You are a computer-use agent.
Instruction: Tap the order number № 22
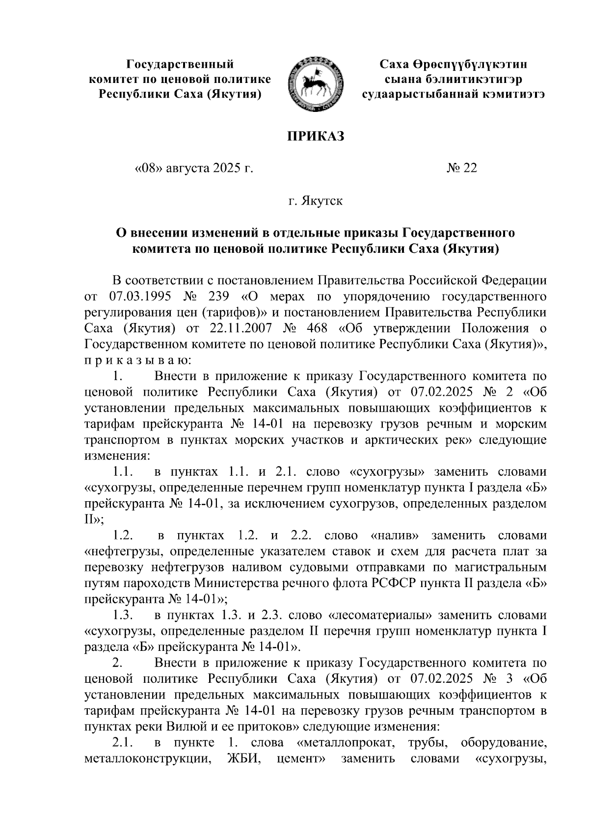pyautogui.click(x=461, y=168)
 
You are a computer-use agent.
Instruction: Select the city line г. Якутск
pyautogui.click(x=316, y=201)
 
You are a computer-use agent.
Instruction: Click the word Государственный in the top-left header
pyautogui.click(x=180, y=63)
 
